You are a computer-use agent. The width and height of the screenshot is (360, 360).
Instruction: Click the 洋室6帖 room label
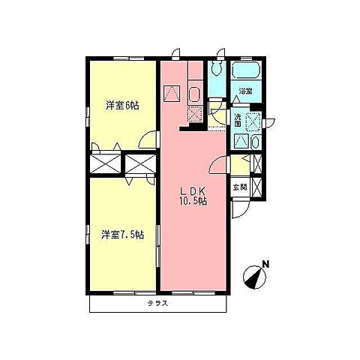122,106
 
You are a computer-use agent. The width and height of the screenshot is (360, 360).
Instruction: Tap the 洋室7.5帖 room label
122,235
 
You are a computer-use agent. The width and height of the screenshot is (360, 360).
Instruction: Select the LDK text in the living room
193,192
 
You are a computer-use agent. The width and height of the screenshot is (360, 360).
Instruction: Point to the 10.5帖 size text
193,201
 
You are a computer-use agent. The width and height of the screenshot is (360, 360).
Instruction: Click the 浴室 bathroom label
245,91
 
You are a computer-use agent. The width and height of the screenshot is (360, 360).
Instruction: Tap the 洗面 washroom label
238,120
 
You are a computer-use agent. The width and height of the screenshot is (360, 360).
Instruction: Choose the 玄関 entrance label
240,187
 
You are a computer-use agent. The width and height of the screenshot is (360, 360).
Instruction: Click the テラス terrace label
157,304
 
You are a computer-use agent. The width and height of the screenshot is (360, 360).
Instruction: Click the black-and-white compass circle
254,277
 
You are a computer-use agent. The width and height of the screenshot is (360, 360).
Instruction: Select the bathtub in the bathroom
247,70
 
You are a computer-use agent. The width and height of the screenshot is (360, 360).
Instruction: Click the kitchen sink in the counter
195,94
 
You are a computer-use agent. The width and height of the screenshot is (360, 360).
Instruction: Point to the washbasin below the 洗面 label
256,142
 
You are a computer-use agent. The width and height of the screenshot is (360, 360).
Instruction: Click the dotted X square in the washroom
253,122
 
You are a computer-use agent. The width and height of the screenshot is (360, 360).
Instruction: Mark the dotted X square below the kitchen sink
195,114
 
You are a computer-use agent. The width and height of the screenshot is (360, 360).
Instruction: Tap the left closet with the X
105,164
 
